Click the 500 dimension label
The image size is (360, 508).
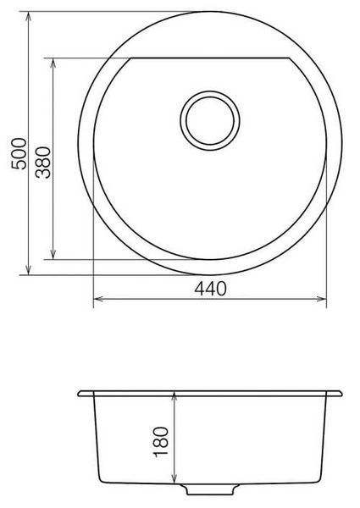[19, 153]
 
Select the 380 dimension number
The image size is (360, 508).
[43, 163]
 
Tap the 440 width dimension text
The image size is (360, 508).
[210, 289]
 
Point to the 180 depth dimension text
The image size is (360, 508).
[161, 441]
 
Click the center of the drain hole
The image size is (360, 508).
[210, 120]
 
